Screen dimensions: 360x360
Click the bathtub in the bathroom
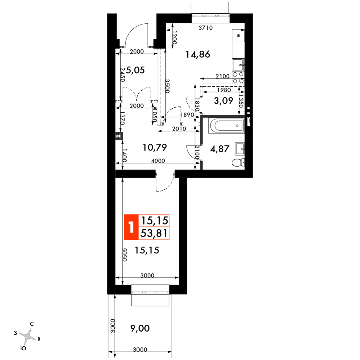(x=226, y=125)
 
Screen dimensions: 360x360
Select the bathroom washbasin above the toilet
(x=240, y=149)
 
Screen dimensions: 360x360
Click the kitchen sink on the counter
(x=238, y=64)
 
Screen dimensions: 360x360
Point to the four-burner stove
(x=238, y=77)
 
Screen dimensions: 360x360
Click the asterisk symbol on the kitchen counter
(x=239, y=36)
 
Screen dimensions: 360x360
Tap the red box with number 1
(x=131, y=227)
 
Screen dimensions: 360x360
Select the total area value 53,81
(x=154, y=233)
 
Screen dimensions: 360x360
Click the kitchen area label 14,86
(x=198, y=54)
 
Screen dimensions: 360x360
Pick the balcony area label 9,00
(x=140, y=328)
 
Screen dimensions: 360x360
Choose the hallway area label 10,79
(x=155, y=147)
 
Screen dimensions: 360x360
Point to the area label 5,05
(x=135, y=70)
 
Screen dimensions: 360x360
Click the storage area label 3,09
(x=223, y=100)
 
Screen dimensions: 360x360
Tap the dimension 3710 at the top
(x=205, y=28)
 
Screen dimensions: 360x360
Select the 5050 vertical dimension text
(x=124, y=255)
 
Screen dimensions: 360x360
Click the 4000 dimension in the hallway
(x=158, y=161)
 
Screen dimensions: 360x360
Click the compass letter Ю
(x=23, y=348)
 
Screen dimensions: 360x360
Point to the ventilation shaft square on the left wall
(x=119, y=136)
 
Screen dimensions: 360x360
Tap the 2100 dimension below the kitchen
(x=223, y=76)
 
